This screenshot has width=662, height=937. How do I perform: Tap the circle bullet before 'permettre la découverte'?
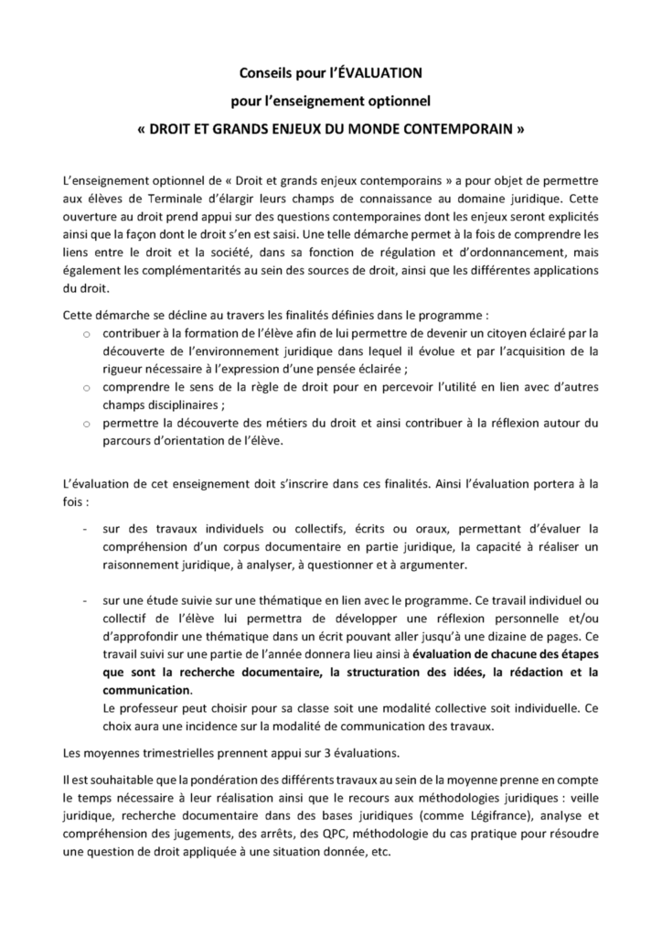[86, 424]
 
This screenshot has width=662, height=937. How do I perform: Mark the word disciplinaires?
[180, 404]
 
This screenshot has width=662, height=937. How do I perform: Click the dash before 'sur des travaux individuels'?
[86, 529]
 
